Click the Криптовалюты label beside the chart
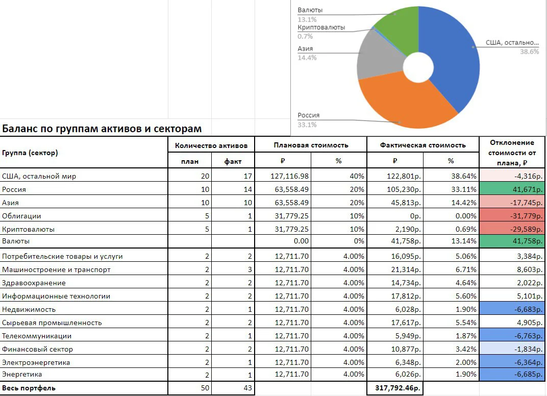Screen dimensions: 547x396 (321, 28)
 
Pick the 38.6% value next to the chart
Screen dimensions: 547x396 (529, 52)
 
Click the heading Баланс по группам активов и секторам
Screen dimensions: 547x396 (102, 129)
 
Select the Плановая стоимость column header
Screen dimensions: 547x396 (311, 145)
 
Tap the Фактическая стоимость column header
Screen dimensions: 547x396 (423, 145)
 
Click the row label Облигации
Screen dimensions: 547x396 (21, 216)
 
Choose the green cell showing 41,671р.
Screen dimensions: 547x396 (512, 189)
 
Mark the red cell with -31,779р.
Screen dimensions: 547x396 (512, 216)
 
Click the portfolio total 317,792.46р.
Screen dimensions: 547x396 (397, 388)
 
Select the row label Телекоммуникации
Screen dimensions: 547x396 (37, 336)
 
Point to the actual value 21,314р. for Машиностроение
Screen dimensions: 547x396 (406, 269)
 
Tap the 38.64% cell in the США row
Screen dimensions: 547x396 (464, 176)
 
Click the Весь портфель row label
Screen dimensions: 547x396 (29, 388)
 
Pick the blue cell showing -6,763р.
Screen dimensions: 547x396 (512, 336)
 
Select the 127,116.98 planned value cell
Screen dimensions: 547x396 (289, 176)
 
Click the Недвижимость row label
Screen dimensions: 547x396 (29, 309)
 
